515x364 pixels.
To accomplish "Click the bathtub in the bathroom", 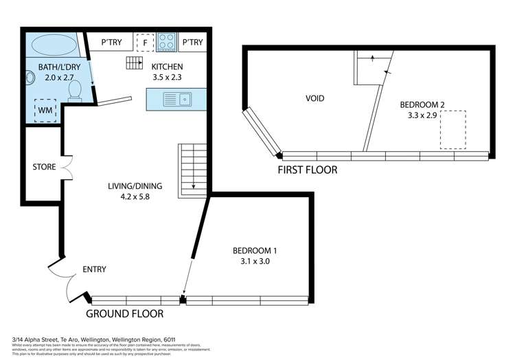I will click(x=51, y=45).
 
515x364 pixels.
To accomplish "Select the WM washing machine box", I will click(x=46, y=110).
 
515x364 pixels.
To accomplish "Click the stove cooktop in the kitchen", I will click(x=166, y=43).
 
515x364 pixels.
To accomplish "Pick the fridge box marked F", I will click(x=144, y=43).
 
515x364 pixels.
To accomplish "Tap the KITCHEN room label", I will click(x=168, y=67).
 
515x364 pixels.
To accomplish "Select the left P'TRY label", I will click(x=112, y=43).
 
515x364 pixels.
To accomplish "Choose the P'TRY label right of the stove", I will click(x=193, y=43).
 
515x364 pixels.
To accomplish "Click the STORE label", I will click(x=44, y=167).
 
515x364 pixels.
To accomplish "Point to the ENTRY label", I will click(x=94, y=269).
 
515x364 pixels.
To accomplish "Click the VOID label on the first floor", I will click(x=314, y=98).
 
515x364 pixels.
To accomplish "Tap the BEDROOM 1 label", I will click(x=255, y=251).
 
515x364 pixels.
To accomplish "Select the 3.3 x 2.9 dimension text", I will click(x=422, y=116).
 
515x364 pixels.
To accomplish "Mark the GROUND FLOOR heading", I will click(x=124, y=314).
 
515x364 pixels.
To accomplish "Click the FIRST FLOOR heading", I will click(x=307, y=169).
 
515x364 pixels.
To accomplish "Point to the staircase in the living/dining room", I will click(x=192, y=170).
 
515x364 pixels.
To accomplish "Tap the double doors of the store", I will click(x=67, y=166).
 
